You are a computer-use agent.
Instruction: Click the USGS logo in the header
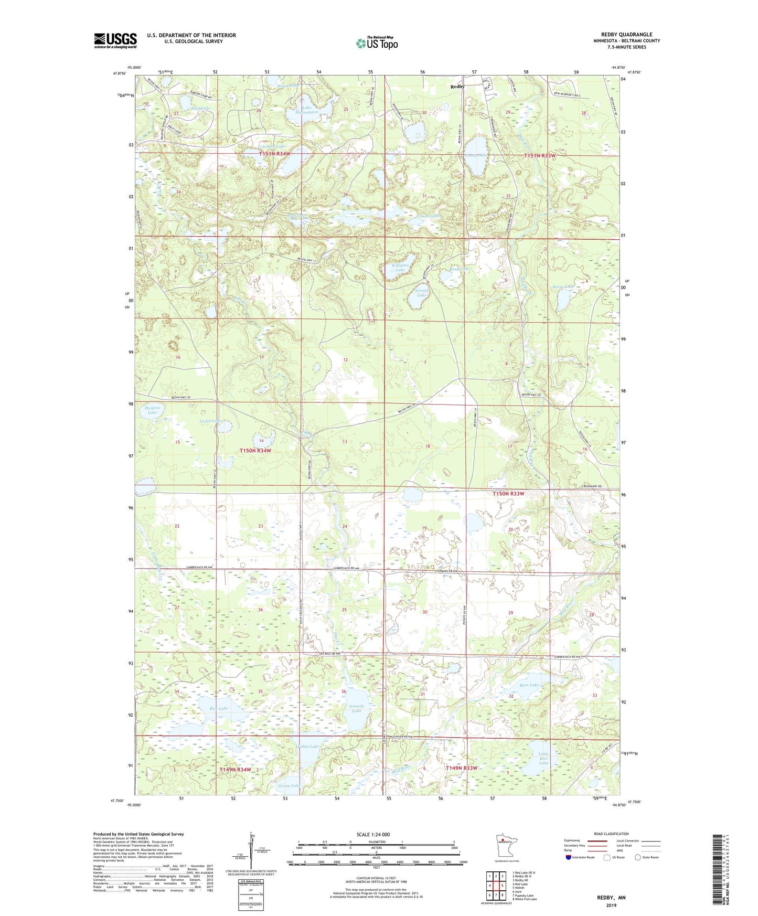click(115, 40)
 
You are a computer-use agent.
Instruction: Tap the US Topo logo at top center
click(376, 43)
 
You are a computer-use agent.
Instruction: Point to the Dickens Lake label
click(152, 410)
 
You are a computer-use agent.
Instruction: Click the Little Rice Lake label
click(543, 759)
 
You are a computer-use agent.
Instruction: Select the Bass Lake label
click(529, 685)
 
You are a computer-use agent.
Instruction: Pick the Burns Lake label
click(563, 287)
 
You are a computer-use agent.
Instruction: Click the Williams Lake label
click(400, 268)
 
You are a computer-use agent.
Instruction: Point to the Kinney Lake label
click(422, 292)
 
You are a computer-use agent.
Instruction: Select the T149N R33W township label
click(462, 768)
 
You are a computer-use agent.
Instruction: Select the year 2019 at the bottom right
click(611, 906)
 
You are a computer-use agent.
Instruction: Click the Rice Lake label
click(218, 709)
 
